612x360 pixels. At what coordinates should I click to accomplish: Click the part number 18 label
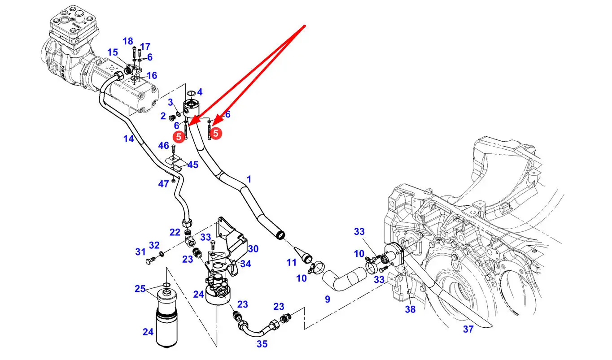128,41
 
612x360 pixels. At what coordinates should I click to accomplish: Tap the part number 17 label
145,47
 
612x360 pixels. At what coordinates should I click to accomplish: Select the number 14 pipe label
129,139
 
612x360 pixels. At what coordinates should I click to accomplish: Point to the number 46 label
164,145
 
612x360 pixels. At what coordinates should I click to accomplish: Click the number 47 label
164,184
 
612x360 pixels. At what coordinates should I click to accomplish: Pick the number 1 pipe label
249,179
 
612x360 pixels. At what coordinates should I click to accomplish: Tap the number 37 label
468,329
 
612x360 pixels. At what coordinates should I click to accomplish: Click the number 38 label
410,309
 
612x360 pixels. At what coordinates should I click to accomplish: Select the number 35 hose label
262,344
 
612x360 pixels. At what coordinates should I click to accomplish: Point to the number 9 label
328,299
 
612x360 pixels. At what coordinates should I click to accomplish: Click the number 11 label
292,263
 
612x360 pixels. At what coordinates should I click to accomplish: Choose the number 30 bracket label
253,249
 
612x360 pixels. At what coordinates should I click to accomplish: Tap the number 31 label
140,252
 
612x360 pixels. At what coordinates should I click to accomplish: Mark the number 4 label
200,92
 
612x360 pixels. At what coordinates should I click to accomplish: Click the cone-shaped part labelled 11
303,255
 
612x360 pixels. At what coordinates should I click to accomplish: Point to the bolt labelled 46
173,150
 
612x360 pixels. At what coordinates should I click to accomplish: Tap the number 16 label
152,75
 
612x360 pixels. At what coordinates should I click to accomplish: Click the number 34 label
245,264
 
